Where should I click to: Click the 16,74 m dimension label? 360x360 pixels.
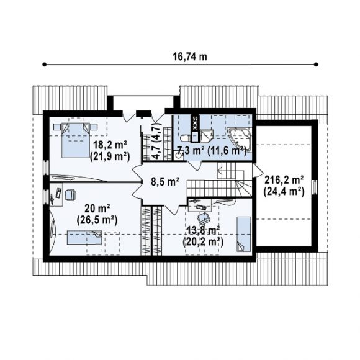190,56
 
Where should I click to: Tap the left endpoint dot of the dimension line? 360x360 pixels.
44,65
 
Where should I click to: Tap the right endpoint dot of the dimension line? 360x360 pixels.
316,65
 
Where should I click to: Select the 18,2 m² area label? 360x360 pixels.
110,145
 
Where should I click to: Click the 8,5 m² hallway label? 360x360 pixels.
165,182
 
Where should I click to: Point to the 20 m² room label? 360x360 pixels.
97,209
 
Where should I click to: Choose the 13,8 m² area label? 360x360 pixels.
203,230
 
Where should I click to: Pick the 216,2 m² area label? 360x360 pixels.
284,180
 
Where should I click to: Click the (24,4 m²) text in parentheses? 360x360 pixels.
284,192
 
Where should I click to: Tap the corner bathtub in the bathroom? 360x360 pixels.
240,139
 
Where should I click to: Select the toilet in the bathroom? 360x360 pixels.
185,138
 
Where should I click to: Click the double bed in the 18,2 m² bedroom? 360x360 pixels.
76,140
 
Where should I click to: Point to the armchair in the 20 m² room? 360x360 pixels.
70,195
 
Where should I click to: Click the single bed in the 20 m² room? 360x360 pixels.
84,237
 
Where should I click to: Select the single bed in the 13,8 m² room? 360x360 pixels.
243,234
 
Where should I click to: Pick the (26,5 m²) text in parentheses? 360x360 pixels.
97,220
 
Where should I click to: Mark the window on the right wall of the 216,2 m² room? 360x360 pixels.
315,187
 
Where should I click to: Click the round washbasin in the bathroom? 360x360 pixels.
178,155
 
